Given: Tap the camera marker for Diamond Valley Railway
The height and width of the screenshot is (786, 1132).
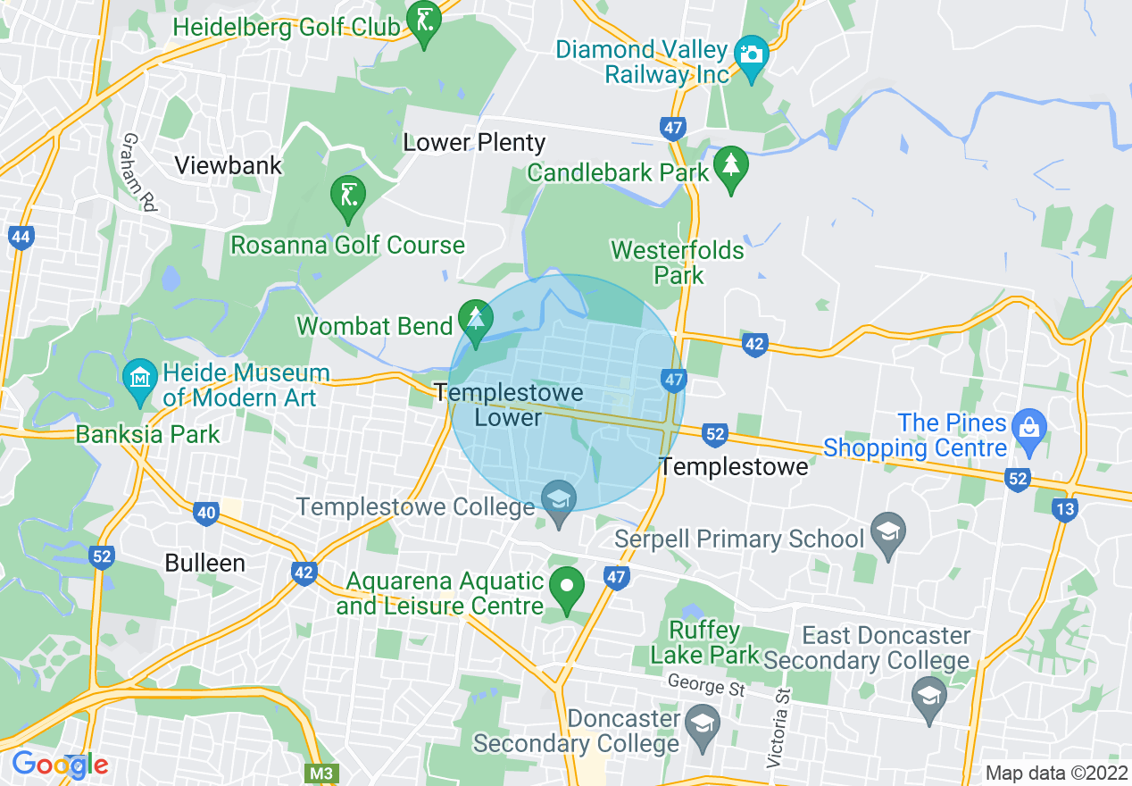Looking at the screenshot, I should click(x=752, y=54).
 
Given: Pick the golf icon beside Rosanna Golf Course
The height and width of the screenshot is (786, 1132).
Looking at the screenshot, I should click(x=347, y=195).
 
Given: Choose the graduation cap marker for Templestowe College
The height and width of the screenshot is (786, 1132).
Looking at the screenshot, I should click(x=559, y=498).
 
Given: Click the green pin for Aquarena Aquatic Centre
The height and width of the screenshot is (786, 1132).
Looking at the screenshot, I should click(x=566, y=586).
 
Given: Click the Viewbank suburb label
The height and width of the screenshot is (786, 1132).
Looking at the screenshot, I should click(x=229, y=165).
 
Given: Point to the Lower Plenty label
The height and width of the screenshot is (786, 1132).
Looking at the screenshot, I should click(x=474, y=142).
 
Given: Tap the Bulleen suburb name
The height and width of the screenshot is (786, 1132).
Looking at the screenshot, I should click(x=204, y=563).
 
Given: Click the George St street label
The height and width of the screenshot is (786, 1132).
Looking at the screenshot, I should click(x=706, y=685).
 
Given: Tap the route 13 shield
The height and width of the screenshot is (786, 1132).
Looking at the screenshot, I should click(x=1063, y=509).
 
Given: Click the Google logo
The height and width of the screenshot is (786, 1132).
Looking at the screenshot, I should click(x=60, y=764).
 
